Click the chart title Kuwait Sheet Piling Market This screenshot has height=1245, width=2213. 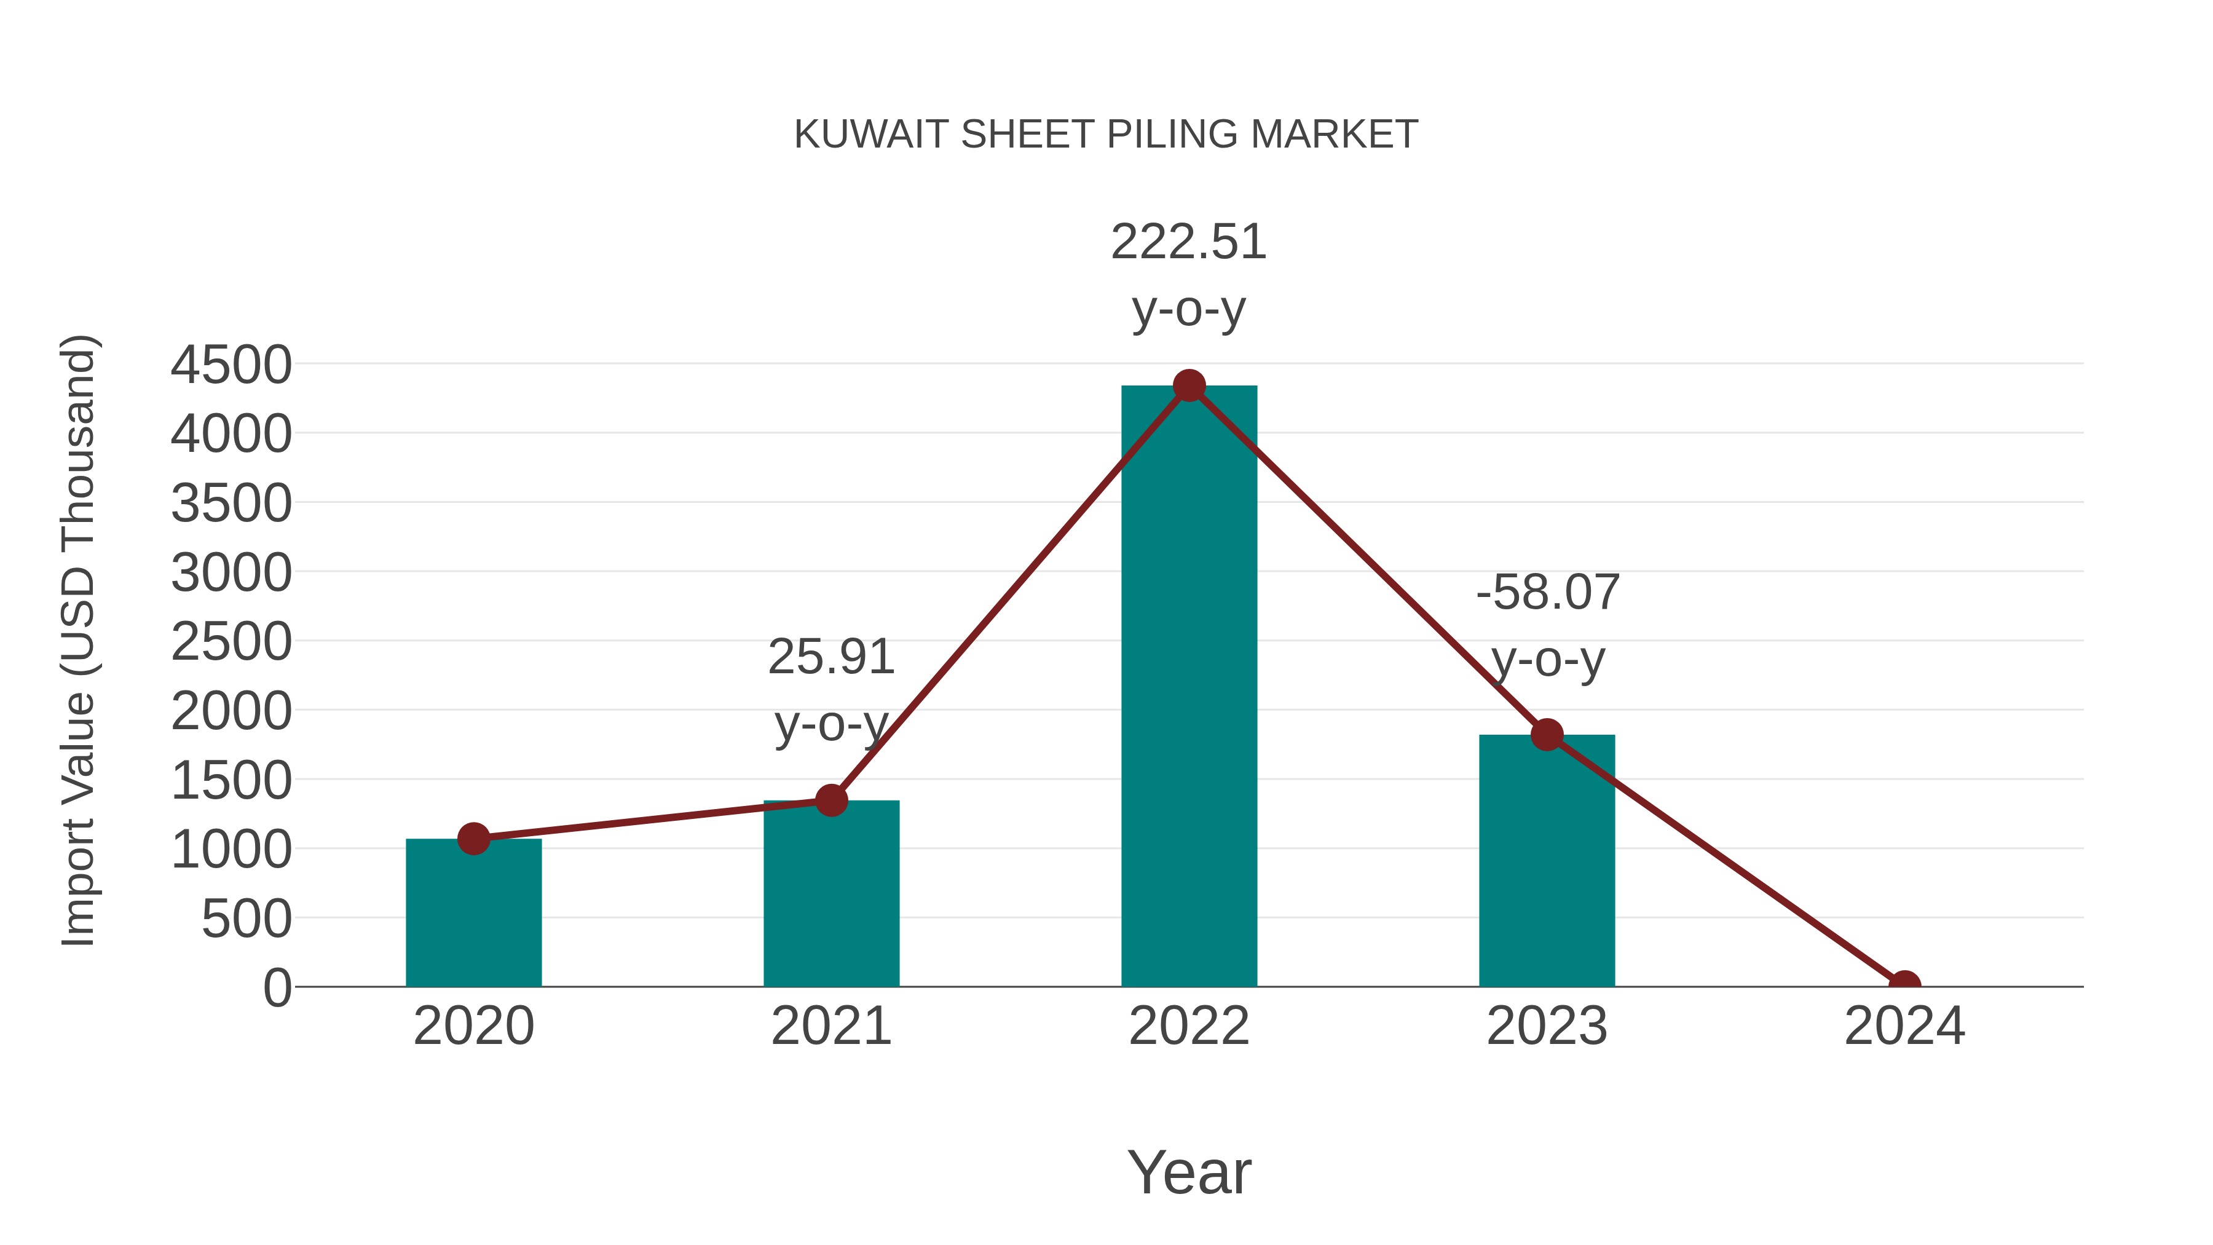coord(1106,135)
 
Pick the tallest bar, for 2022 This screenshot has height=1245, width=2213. coord(1189,687)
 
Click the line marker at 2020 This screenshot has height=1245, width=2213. coord(473,839)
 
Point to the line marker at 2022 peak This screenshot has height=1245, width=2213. coord(1189,385)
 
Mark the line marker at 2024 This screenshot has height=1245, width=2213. coord(1904,985)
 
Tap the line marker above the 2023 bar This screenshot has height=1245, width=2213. coord(1547,735)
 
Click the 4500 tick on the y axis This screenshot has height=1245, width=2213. coord(231,365)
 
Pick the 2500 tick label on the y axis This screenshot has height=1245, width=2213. coord(231,642)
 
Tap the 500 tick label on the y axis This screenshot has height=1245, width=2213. coord(247,919)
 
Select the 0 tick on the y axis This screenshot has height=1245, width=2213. coord(277,988)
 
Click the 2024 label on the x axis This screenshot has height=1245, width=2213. coord(1904,1026)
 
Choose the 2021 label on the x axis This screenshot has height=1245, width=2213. coord(830,1026)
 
